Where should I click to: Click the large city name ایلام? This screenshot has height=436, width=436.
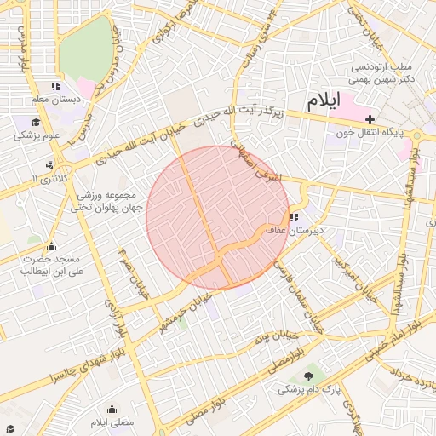tap(323, 100)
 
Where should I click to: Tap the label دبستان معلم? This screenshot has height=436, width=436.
tap(56, 100)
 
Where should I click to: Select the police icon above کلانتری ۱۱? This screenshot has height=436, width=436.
tap(51, 165)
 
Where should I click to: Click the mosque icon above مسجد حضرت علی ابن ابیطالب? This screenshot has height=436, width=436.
tap(51, 247)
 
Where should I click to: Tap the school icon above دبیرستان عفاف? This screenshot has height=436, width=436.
tap(294, 217)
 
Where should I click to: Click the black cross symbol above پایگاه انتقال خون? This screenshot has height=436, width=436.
tap(370, 119)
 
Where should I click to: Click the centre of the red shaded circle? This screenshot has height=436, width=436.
tap(218, 218)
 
